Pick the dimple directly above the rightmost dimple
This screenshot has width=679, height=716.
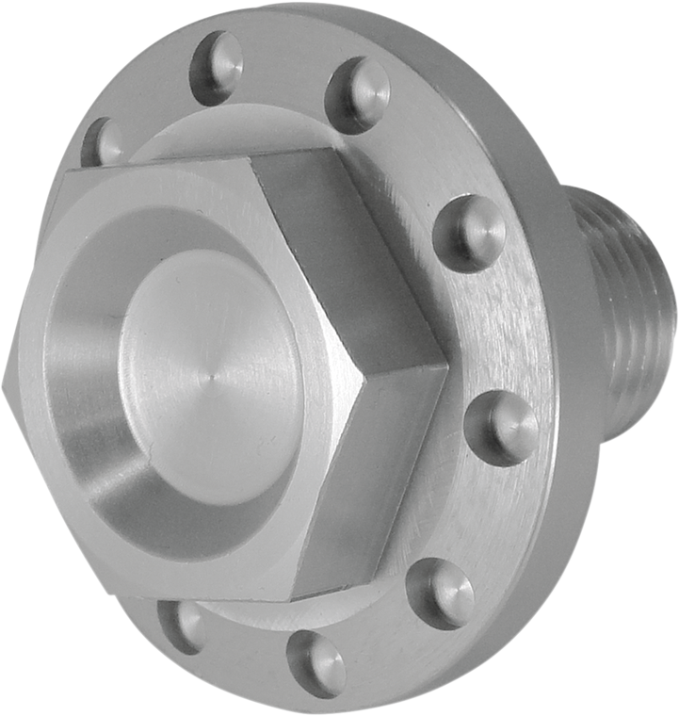[473, 231]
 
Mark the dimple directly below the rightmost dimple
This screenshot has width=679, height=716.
[441, 592]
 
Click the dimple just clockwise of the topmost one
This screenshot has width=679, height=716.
[358, 94]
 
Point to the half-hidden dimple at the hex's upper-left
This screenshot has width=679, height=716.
[104, 143]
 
